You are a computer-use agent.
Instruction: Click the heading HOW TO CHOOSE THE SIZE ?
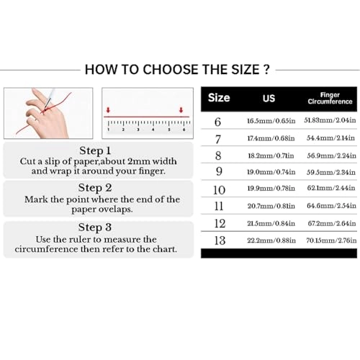177,70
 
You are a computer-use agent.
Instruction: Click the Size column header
219,98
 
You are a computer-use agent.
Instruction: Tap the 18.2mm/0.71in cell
269,155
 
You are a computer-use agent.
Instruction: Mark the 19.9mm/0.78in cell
269,189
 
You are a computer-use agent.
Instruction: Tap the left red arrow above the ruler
107,110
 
